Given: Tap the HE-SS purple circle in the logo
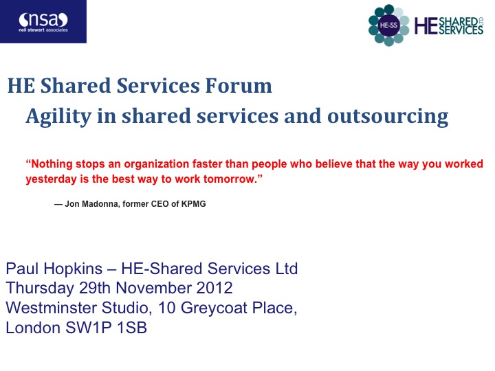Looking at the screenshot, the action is pos(388,25).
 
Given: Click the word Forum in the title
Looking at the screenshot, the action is pos(239,86).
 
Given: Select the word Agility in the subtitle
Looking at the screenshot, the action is pos(58,117).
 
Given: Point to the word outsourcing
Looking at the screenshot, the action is pos(388,117).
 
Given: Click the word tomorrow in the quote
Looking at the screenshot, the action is pos(229,179).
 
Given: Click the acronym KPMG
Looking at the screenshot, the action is pos(193,204).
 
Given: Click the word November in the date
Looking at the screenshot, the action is pos(153,288).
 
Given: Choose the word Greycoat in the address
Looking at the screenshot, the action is pos(214,308).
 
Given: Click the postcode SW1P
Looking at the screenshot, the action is pos(89,328).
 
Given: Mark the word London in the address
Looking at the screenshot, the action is pos(33,328).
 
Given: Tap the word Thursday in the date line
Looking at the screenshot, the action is pos(40,289).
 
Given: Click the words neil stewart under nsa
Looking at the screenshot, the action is pos(32,30).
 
